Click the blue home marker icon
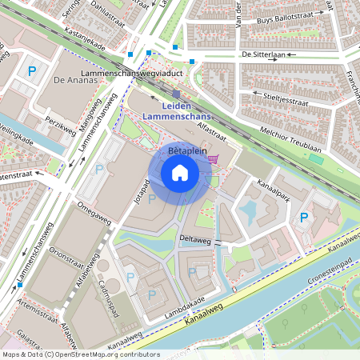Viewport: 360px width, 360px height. click(x=180, y=173)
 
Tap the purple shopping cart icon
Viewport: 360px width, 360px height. click(x=212, y=158)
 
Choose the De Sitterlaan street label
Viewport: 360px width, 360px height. click(x=262, y=55)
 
